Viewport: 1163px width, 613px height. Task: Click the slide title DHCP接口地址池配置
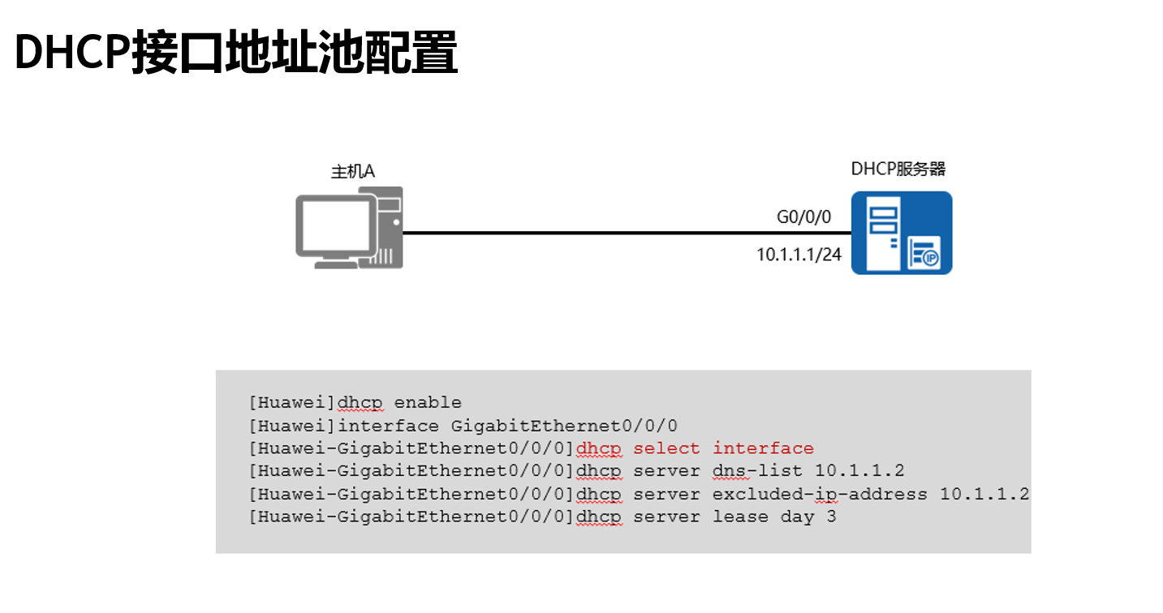click(236, 53)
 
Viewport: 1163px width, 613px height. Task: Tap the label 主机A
click(353, 172)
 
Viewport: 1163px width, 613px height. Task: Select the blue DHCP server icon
click(901, 233)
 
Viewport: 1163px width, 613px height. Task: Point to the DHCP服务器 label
click(898, 169)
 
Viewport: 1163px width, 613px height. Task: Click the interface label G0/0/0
click(803, 217)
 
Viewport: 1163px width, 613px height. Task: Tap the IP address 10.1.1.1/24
click(799, 255)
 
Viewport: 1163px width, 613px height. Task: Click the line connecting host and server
click(584, 234)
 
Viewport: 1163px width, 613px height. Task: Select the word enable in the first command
click(428, 403)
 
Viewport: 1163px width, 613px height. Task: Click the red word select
click(666, 448)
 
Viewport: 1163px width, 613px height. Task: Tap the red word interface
click(763, 448)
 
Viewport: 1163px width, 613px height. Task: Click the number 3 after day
click(831, 517)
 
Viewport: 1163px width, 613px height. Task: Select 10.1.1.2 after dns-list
click(859, 471)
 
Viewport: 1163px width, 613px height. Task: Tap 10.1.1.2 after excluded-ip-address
click(984, 494)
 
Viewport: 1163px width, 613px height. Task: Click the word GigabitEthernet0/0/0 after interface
click(564, 426)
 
